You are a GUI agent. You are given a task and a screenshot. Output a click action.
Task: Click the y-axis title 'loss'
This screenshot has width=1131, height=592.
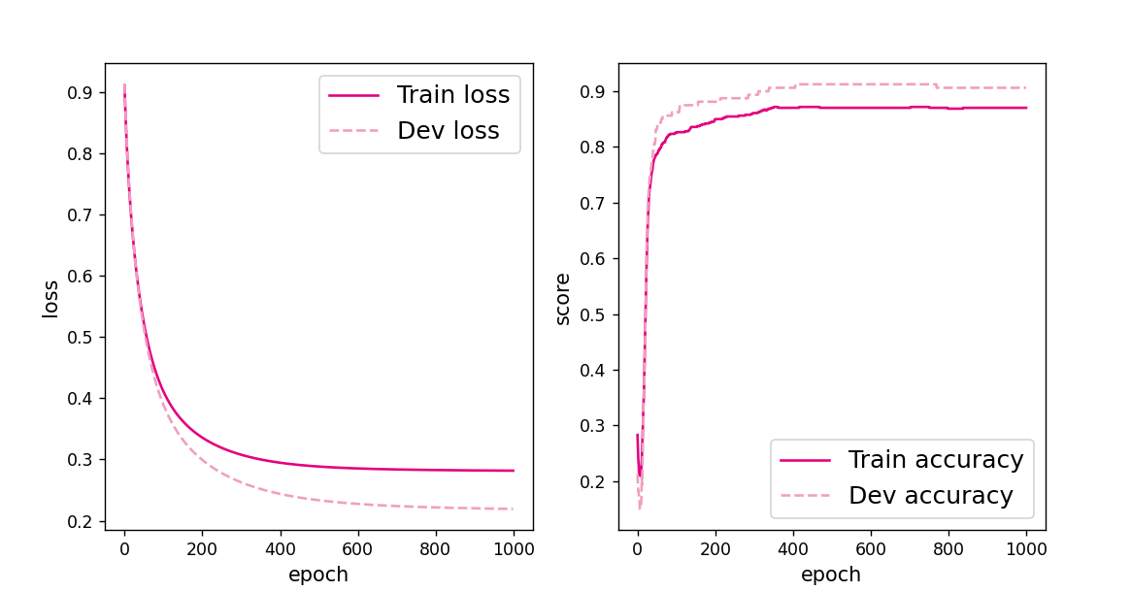(50, 299)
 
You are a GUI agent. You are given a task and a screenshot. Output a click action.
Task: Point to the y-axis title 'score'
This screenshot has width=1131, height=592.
(563, 299)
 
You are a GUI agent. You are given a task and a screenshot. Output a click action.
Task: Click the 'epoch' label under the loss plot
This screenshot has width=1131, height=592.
(318, 575)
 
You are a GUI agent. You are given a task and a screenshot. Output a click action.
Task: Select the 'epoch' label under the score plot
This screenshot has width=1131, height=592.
(831, 575)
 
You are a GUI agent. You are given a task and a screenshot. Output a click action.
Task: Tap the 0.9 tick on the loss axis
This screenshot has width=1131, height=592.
(80, 93)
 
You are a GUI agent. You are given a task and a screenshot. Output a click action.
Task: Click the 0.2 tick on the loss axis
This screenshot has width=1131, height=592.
(80, 522)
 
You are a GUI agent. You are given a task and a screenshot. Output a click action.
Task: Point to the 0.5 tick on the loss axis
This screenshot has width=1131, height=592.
(80, 338)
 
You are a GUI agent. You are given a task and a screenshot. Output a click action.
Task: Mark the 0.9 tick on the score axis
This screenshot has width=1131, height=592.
(592, 92)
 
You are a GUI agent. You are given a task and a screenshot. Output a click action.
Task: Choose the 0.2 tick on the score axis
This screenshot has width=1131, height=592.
(592, 482)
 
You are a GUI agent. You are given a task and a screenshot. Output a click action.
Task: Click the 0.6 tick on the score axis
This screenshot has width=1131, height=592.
(592, 259)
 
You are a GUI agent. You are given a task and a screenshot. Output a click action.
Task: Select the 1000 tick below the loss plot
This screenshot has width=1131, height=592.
(514, 547)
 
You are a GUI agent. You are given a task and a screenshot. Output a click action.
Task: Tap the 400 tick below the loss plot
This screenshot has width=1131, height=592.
(280, 547)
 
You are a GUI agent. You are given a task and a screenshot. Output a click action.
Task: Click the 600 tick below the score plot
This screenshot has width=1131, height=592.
(871, 547)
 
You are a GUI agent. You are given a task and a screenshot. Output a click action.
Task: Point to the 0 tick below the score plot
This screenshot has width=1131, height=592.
(638, 547)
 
